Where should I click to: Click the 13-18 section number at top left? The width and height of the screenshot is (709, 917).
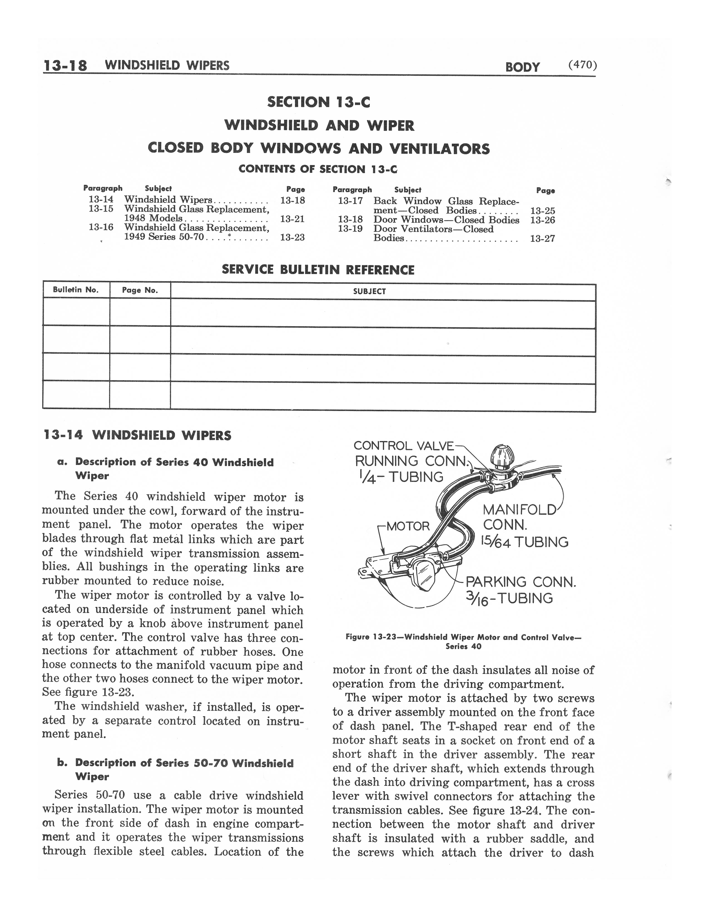pyautogui.click(x=65, y=66)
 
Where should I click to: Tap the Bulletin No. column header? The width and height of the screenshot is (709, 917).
pyautogui.click(x=76, y=290)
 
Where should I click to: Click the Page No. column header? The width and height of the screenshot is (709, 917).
pyautogui.click(x=140, y=290)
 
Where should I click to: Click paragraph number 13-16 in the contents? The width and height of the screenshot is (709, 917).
pyautogui.click(x=101, y=227)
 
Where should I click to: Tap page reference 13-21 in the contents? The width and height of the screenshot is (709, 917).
pyautogui.click(x=292, y=218)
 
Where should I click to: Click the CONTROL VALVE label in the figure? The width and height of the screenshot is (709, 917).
pyautogui.click(x=403, y=445)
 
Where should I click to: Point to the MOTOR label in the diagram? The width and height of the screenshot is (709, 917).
pyautogui.click(x=408, y=526)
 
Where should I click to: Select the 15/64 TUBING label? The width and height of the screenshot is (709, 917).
pyautogui.click(x=525, y=542)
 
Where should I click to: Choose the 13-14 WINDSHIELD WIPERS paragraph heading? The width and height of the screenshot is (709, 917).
pyautogui.click(x=137, y=435)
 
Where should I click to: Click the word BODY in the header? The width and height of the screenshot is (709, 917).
pyautogui.click(x=522, y=67)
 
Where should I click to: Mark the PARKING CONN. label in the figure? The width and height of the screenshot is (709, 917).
pyautogui.click(x=521, y=582)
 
